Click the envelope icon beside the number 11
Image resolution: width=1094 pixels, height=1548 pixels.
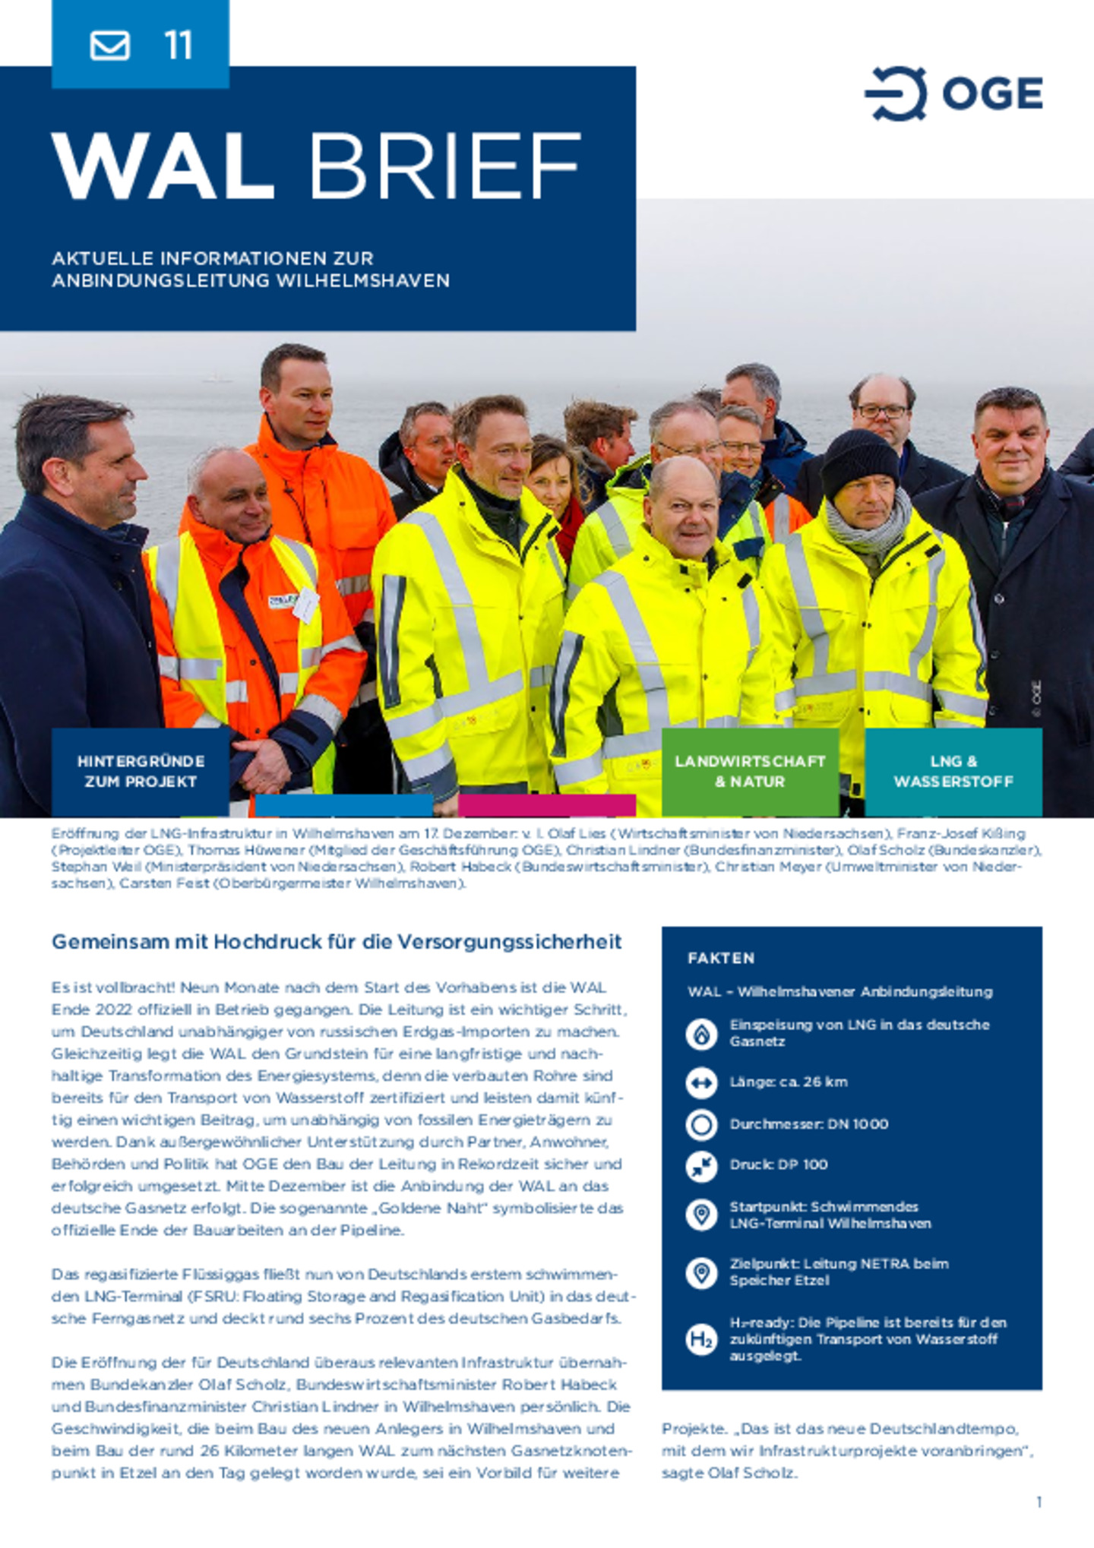pyautogui.click(x=110, y=45)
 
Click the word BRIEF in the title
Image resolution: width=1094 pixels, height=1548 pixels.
pyautogui.click(x=444, y=167)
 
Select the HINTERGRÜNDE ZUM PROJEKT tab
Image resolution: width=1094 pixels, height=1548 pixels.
pyautogui.click(x=141, y=771)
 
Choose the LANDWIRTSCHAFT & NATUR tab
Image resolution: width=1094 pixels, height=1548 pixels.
pyautogui.click(x=750, y=771)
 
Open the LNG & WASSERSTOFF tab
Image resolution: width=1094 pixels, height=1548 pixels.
pyautogui.click(x=953, y=771)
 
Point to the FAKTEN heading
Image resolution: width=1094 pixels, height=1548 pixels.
pyautogui.click(x=721, y=958)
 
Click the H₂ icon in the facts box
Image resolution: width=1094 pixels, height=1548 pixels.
pyautogui.click(x=701, y=1338)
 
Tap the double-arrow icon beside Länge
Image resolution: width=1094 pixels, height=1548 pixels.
pyautogui.click(x=701, y=1082)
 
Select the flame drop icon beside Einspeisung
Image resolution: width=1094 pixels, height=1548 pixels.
pyautogui.click(x=701, y=1033)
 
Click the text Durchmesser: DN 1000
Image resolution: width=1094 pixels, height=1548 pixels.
pyautogui.click(x=808, y=1124)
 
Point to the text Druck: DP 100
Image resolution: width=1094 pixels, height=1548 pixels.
pyautogui.click(x=779, y=1164)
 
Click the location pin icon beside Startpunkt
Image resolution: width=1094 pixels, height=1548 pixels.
pyautogui.click(x=701, y=1214)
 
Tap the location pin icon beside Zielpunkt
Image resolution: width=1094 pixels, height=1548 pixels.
pyautogui.click(x=701, y=1272)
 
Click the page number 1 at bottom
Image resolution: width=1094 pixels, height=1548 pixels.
pyautogui.click(x=1039, y=1502)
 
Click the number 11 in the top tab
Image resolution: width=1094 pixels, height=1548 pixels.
pyautogui.click(x=179, y=45)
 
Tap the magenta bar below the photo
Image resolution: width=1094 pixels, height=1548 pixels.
pyautogui.click(x=547, y=805)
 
